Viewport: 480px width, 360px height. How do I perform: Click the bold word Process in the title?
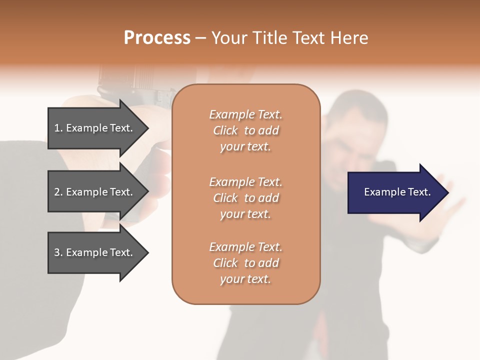pos(157,38)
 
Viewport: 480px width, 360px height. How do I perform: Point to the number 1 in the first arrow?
pos(57,128)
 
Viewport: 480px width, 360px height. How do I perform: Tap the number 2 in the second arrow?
pos(57,192)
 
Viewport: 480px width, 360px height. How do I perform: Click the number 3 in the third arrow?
pos(57,252)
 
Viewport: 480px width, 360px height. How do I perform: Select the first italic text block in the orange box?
pos(245,130)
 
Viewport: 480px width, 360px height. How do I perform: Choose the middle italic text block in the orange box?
pos(245,198)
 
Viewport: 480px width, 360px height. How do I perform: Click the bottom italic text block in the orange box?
pos(245,263)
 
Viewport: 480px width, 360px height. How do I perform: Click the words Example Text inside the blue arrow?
pos(397,192)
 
